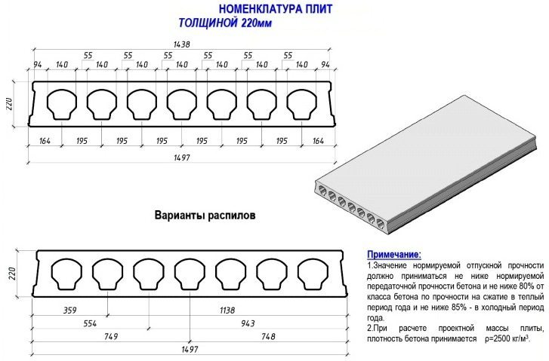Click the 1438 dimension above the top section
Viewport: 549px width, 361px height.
[181, 44]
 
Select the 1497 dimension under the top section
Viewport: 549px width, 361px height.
[182, 158]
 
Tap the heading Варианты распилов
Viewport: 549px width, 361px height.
[205, 215]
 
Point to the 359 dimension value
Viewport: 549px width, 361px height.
[69, 310]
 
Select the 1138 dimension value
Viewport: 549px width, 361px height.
[227, 310]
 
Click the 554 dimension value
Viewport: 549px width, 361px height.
[90, 323]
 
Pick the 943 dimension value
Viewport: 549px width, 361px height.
[248, 323]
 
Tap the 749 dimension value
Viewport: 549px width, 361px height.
[111, 337]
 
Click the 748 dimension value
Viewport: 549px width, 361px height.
[268, 337]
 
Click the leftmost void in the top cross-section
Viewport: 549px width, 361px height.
[62, 104]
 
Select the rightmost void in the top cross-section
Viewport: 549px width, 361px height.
[302, 104]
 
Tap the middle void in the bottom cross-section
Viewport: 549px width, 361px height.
[190, 274]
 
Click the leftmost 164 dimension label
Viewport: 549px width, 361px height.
[45, 141]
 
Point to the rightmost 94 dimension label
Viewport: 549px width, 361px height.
[325, 65]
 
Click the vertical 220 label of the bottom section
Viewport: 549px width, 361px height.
[12, 274]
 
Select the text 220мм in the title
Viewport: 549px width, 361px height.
[256, 23]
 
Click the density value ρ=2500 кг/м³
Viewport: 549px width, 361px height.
[507, 338]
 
